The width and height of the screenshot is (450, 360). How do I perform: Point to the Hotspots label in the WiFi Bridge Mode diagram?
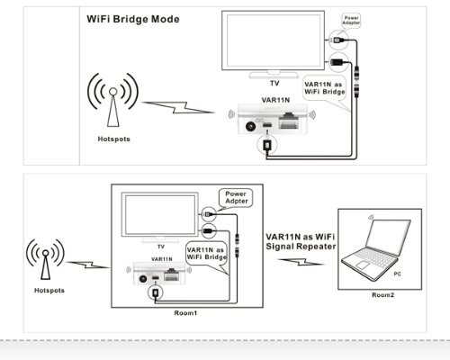click(x=114, y=139)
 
